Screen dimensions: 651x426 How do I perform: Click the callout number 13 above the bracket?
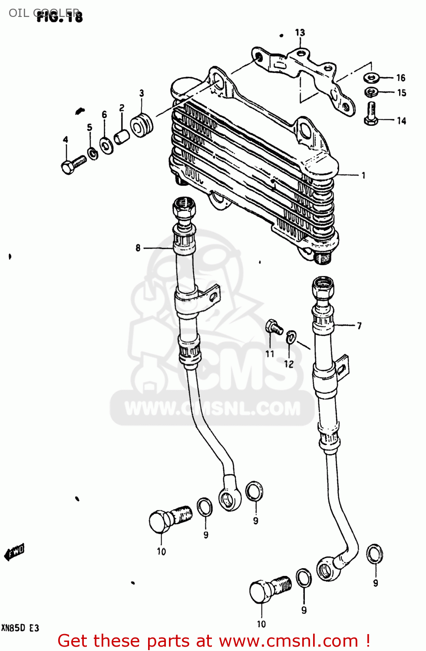(x=300, y=33)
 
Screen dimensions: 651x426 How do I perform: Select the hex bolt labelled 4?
(x=73, y=164)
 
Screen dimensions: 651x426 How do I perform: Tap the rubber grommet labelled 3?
(x=142, y=125)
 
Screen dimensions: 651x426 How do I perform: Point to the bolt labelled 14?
(x=371, y=114)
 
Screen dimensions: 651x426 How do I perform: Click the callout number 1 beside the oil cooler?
(x=363, y=175)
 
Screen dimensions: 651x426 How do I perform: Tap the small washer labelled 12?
(x=291, y=336)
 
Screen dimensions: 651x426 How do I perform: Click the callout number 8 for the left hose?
(x=138, y=248)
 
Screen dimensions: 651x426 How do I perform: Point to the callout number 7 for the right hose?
(x=359, y=325)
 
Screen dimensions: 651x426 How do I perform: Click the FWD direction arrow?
(x=14, y=552)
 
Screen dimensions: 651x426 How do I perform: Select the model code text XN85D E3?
(x=20, y=628)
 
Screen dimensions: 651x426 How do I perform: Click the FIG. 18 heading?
(x=59, y=16)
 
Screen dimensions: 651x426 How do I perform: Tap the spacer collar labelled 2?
(x=122, y=137)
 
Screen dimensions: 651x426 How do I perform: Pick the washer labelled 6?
(x=106, y=145)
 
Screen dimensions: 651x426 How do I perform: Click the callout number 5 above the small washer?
(x=89, y=128)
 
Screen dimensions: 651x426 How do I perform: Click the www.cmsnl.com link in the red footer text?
(x=288, y=641)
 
